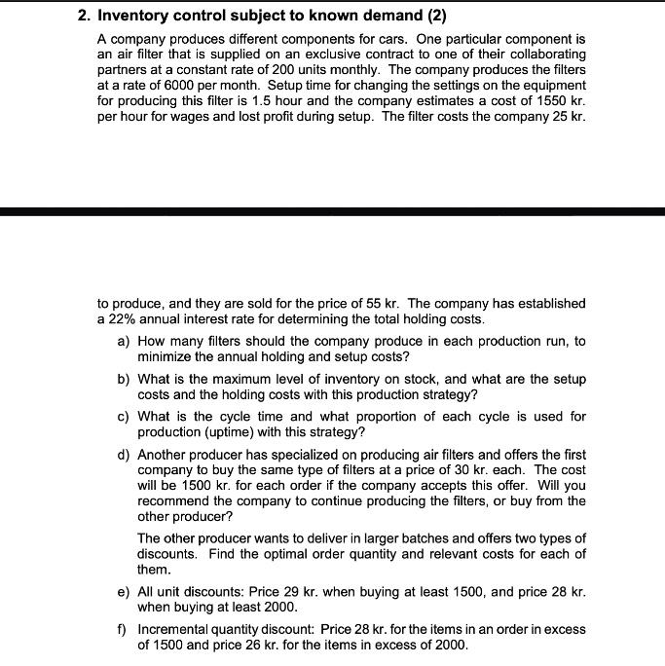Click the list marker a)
coord(124,341)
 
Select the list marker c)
coord(124,416)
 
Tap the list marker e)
coord(124,592)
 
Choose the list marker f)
coord(124,629)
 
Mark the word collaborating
coord(543,54)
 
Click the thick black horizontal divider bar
coord(332,211)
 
